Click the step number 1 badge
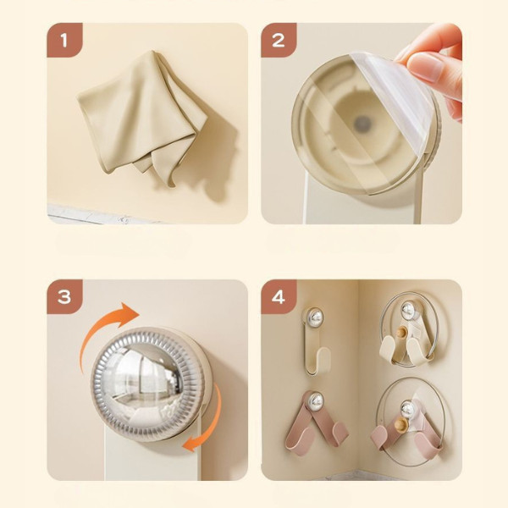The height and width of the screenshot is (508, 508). tap(64, 40)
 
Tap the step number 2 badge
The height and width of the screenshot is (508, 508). tap(279, 40)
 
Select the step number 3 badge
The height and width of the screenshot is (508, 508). tap(64, 296)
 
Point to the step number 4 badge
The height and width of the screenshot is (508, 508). tap(279, 296)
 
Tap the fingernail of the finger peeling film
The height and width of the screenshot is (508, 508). tap(425, 66)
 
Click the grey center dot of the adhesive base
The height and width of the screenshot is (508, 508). tap(362, 123)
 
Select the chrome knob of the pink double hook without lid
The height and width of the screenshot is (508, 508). tap(315, 400)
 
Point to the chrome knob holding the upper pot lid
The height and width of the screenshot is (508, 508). tap(409, 311)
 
